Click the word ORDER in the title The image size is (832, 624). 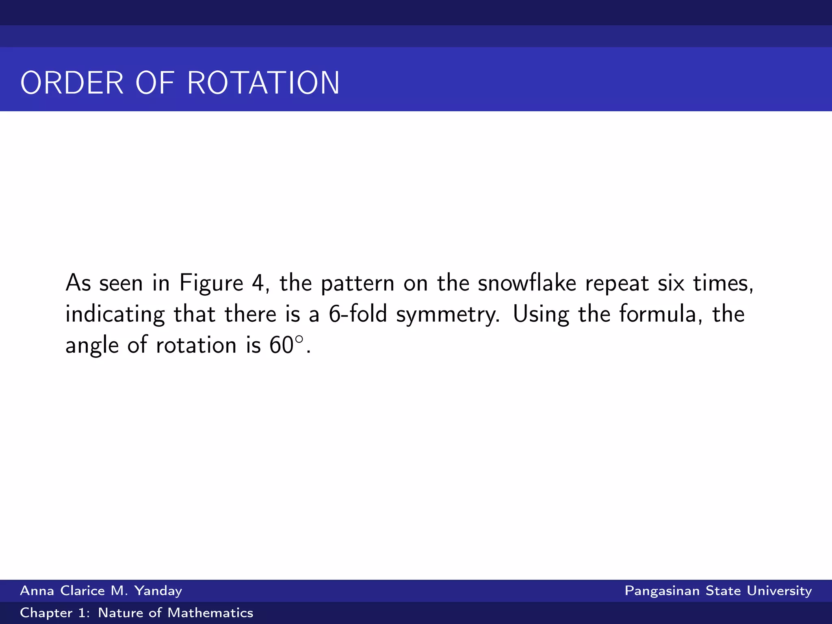72,83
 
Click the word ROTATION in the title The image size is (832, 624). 263,83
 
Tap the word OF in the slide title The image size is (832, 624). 155,83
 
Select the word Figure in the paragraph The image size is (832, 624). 211,283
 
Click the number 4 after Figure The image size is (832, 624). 258,283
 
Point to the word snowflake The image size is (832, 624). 527,283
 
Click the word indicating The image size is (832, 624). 115,314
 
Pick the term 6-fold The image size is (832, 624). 357,314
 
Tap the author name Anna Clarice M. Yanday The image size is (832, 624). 101,590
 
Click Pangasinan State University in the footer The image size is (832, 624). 718,590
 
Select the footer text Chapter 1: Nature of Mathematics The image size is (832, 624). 136,613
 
